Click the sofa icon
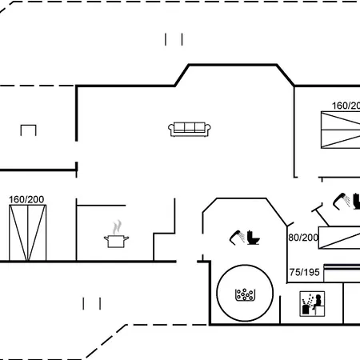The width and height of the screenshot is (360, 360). (190, 130)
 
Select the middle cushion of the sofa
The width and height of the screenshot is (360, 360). (190, 126)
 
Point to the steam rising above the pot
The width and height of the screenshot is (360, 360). (117, 227)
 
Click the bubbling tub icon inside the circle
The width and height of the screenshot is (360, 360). (245, 295)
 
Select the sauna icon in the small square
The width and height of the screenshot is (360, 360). (312, 304)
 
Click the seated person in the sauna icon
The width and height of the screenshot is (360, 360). (318, 302)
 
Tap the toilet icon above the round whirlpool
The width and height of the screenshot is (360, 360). (253, 238)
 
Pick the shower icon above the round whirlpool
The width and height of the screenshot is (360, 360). (237, 238)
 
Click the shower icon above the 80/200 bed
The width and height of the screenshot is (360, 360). (342, 201)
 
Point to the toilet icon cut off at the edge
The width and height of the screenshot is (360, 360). (357, 202)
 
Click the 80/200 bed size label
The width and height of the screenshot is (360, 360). (303, 238)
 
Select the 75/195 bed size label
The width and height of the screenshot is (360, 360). (305, 272)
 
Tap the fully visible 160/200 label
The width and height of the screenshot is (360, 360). (26, 199)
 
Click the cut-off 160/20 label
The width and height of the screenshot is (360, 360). (346, 106)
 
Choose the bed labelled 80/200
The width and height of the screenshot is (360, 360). (339, 238)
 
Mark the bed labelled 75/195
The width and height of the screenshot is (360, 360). (342, 273)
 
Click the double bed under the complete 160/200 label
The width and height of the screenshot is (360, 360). (28, 233)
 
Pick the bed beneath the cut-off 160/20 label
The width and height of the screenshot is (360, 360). (341, 130)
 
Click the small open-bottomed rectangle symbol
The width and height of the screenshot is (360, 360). (28, 126)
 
